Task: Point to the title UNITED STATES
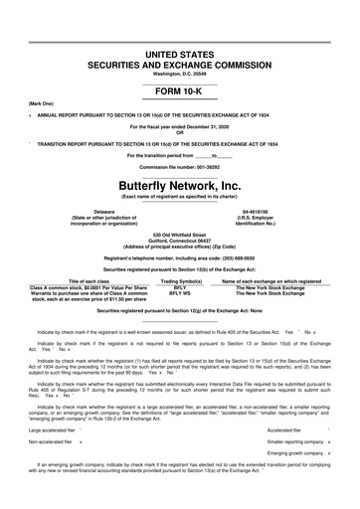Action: (179, 23)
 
